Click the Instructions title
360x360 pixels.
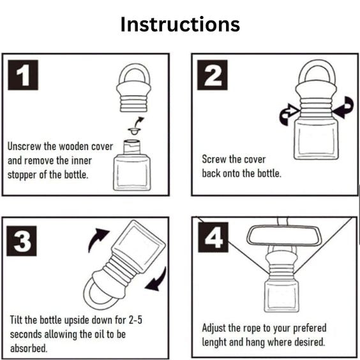coord(180,24)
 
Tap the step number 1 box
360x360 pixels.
coord(23,75)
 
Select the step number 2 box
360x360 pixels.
coord(213,75)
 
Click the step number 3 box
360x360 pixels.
coord(22,241)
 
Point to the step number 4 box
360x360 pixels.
coord(213,237)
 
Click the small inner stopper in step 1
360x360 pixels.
coord(134,131)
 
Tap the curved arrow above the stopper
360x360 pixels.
coord(139,122)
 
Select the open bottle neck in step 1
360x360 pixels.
coord(131,147)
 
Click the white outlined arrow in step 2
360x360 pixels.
coord(289,114)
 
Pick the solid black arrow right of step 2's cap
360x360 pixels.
coord(343,107)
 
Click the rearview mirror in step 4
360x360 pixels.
coord(283,236)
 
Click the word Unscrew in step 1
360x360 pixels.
coord(24,146)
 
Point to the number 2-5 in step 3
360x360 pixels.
coord(135,320)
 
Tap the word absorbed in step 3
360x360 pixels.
coord(29,349)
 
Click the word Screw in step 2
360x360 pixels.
coord(214,159)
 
